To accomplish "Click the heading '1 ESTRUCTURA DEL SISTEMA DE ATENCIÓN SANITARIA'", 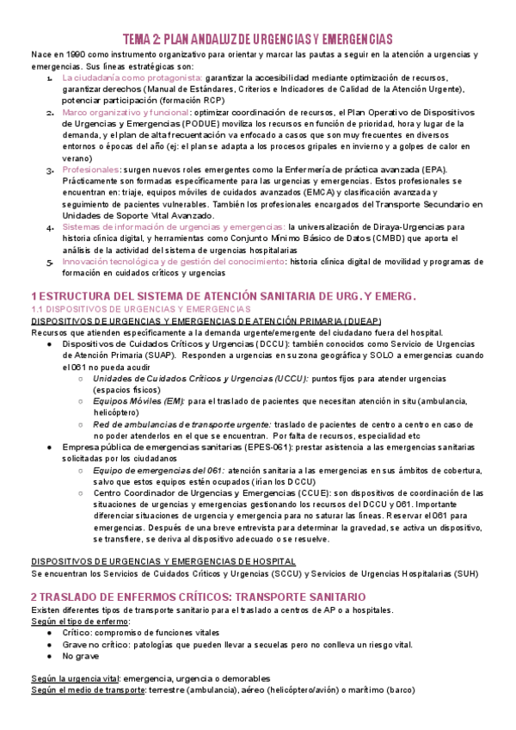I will pos(223,295).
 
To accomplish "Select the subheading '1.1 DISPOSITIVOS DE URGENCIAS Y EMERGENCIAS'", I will pos(139,308).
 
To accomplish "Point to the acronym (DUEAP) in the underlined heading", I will pos(338,320).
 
